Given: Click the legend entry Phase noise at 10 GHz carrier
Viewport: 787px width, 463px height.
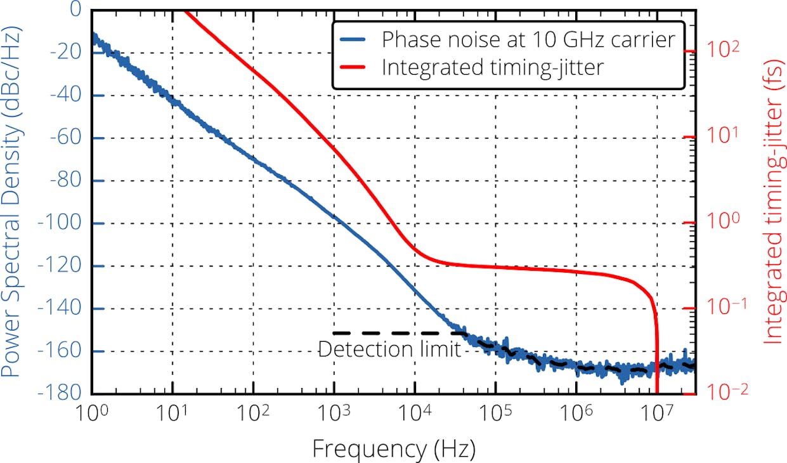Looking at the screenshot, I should (x=528, y=39).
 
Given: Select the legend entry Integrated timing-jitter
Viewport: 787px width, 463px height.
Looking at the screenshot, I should (x=492, y=67).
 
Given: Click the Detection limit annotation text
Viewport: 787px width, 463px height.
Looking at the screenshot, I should (x=389, y=349).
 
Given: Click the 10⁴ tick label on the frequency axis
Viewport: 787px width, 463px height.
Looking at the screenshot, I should (x=415, y=416).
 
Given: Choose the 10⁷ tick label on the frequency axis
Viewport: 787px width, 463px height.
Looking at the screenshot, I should (x=657, y=416).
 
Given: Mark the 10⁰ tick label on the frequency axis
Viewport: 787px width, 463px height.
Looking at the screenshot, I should (x=92, y=416).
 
